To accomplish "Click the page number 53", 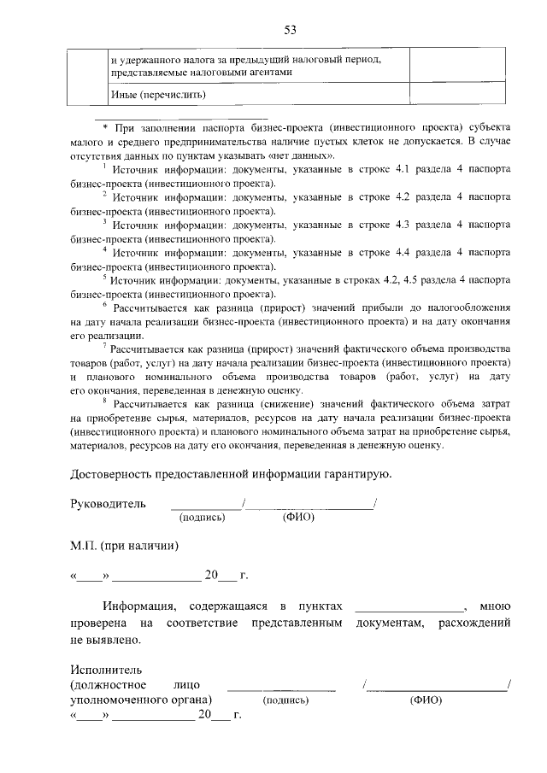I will (290, 31).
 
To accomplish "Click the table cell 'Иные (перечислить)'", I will (160, 93).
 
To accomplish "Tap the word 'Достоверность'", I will (113, 473).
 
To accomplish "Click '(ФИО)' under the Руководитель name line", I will (297, 517).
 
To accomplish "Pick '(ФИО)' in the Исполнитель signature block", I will (425, 699).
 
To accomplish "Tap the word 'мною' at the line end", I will (496, 606).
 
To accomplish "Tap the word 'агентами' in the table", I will (270, 73).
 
